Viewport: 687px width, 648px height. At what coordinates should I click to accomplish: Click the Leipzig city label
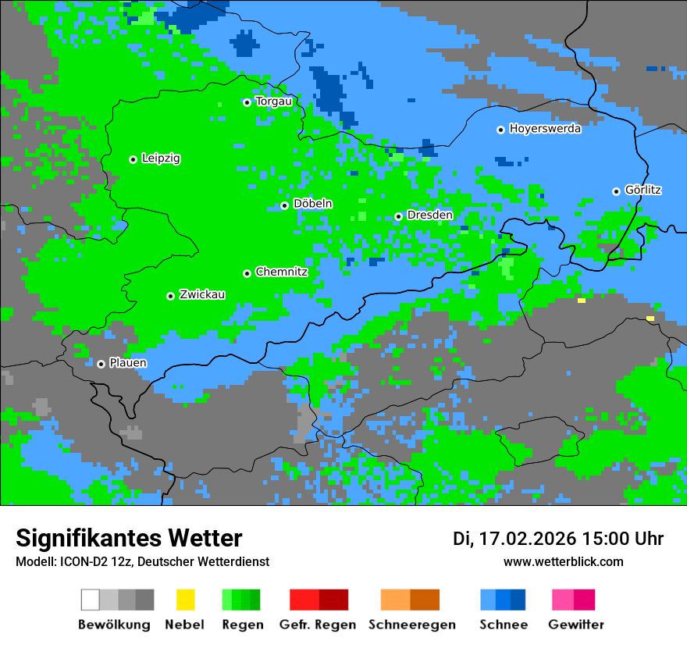pos(161,158)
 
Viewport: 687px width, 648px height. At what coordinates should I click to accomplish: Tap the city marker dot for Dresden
pos(398,216)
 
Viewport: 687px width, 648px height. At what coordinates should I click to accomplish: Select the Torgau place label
pos(273,101)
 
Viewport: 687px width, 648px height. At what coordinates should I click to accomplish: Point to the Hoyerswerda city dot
pos(500,130)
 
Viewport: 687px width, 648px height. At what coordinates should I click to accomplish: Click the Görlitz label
pos(643,190)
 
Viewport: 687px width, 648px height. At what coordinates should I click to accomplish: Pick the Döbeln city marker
pos(284,205)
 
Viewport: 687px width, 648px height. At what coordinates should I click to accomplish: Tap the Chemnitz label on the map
pos(281,272)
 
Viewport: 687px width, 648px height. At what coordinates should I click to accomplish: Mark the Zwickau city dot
pos(170,296)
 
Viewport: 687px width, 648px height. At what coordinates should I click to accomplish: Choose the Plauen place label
pos(128,363)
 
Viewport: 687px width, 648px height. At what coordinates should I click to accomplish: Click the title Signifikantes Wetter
pos(129,538)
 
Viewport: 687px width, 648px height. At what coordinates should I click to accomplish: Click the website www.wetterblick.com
pos(563,562)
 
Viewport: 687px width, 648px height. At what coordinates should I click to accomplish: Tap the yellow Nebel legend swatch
pos(185,600)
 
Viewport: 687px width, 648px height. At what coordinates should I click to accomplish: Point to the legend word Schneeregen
pos(411,625)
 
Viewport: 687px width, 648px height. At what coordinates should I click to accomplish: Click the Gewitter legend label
pos(575,625)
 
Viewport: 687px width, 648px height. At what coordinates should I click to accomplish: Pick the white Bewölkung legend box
pos(91,600)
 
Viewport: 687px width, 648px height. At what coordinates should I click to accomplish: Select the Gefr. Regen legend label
pos(318,625)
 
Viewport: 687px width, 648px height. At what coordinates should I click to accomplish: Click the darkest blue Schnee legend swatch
pos(518,600)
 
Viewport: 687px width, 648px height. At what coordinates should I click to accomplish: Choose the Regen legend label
pos(241,625)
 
